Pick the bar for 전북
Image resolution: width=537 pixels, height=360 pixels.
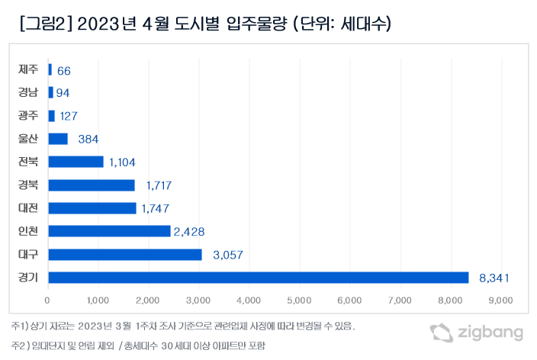76,162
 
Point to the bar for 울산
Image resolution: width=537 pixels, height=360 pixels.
58,139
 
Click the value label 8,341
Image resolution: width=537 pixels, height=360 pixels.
494,278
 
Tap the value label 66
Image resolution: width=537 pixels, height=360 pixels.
63,70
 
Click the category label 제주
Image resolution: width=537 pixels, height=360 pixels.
29,69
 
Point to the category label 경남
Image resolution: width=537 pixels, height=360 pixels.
29,92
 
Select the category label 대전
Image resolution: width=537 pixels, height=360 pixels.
29,207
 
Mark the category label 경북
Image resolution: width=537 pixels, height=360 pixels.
29,185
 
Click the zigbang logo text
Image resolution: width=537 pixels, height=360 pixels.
490,333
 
